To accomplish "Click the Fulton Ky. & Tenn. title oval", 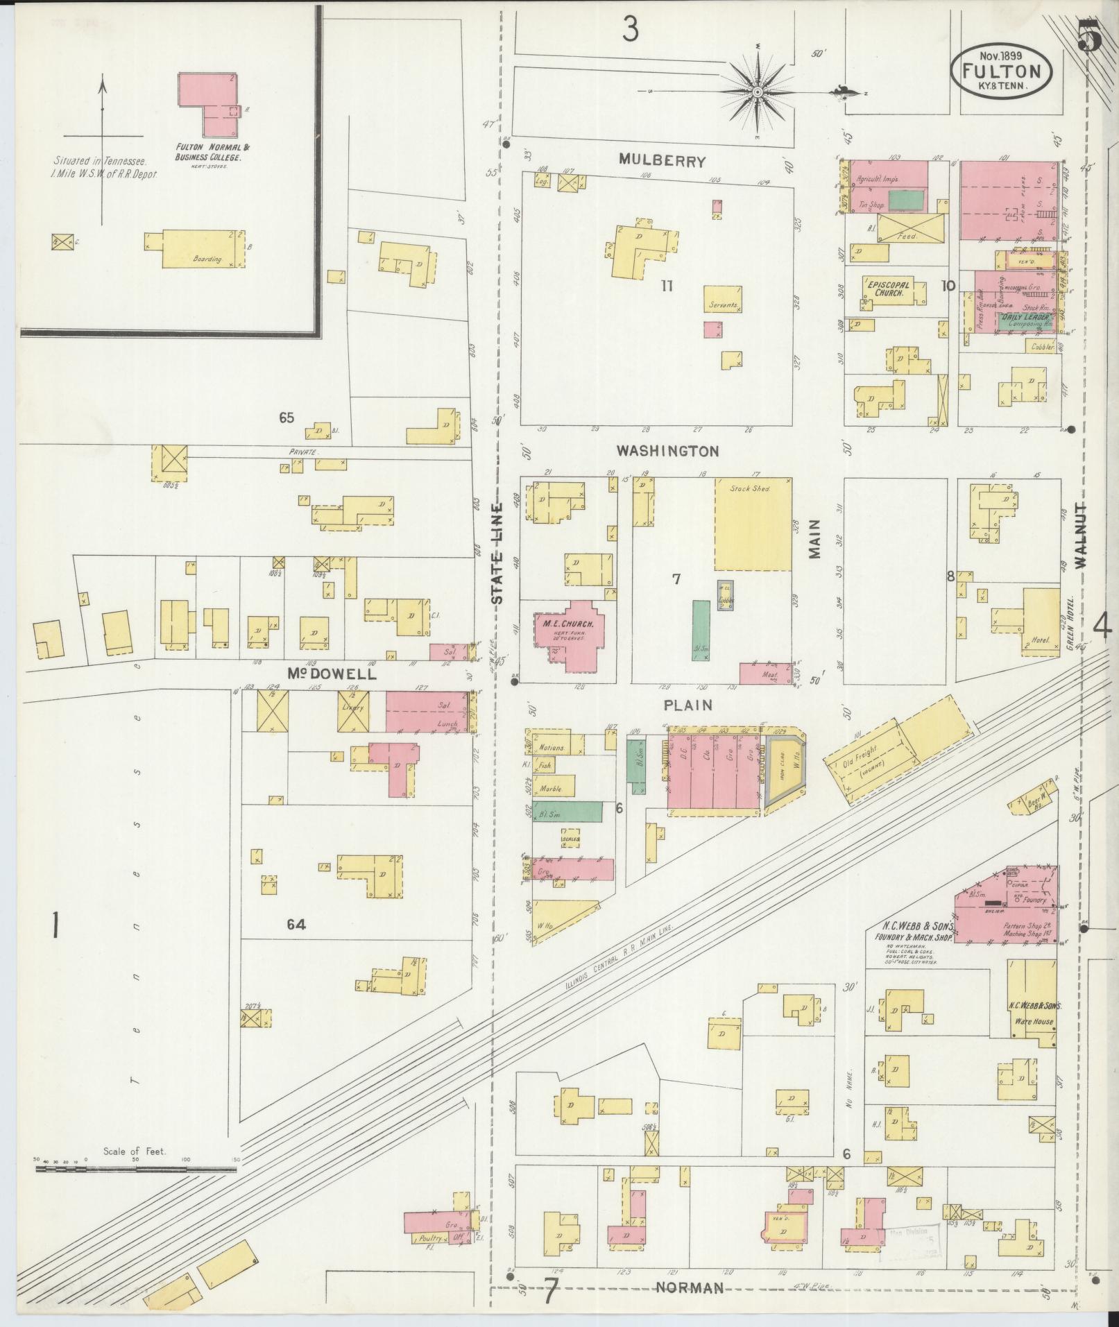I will click(1001, 71).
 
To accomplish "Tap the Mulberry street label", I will click(663, 162).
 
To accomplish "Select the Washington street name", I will click(668, 451).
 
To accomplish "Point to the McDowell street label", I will click(332, 674).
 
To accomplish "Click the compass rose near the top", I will click(758, 92).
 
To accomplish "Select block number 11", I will click(667, 285).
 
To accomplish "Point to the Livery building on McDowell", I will click(354, 711).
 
